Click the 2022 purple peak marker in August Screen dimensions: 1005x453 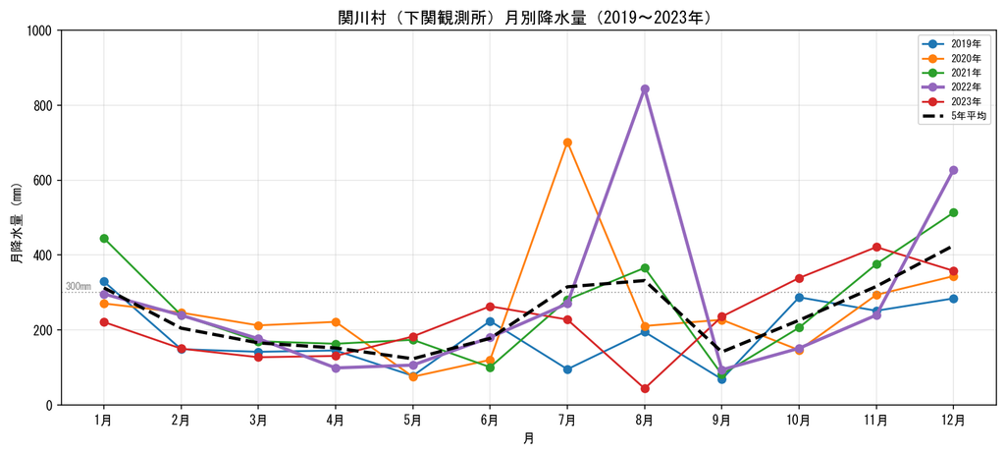(x=645, y=89)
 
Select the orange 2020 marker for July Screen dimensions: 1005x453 (x=567, y=142)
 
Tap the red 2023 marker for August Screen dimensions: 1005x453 (x=645, y=388)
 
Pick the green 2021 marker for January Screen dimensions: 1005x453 (x=104, y=238)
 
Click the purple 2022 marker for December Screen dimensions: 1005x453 (x=953, y=170)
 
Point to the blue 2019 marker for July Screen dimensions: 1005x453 (x=567, y=369)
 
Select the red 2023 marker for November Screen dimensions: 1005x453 (x=876, y=247)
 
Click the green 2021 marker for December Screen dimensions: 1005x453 (x=953, y=212)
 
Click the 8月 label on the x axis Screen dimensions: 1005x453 (x=645, y=421)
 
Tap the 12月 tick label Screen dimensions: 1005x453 (x=953, y=421)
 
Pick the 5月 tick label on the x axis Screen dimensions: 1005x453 (x=413, y=421)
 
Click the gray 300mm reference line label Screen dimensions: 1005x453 (x=79, y=286)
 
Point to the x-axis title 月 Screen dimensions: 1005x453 (x=528, y=439)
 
